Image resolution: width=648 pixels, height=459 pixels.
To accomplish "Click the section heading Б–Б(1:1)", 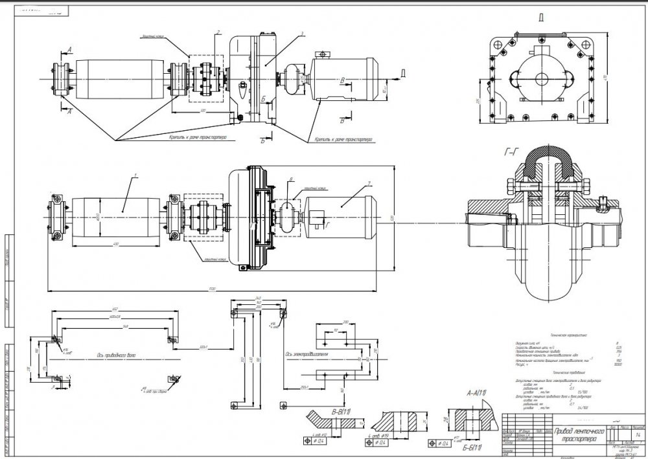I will coord(476,448).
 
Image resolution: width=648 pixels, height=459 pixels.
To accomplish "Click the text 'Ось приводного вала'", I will coord(116,355).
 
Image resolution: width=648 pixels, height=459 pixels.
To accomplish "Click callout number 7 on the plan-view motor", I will coord(366,184).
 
